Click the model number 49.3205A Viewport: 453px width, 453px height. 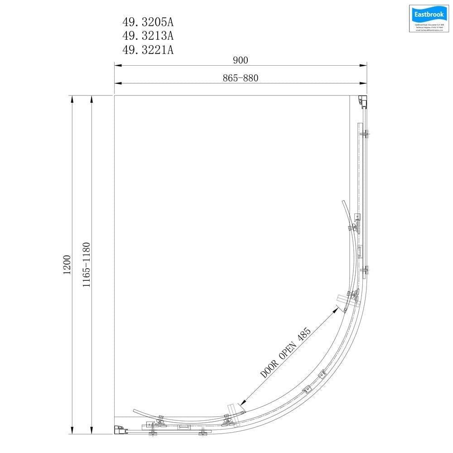pos(147,22)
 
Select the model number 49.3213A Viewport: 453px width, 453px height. pos(147,35)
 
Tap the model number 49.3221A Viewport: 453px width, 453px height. pos(147,49)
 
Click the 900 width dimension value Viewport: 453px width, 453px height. pos(241,60)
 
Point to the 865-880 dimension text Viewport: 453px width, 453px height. pos(241,78)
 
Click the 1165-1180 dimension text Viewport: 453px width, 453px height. pos(87,265)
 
